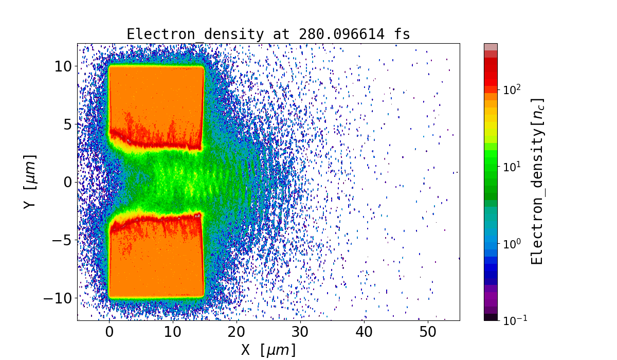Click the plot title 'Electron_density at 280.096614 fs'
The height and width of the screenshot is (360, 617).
268,34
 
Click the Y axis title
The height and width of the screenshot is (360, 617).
30,182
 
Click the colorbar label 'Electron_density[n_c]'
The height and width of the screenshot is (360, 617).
537,182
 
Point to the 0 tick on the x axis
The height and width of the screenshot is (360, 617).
109,331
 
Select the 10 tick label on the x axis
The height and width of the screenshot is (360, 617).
173,331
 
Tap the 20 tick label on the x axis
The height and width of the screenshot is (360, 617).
237,331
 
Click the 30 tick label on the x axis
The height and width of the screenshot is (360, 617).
300,331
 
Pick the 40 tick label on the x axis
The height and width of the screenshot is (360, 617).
364,331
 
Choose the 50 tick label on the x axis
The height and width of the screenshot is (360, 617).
428,331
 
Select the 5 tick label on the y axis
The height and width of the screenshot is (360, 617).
68,124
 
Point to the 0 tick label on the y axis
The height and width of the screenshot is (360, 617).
68,182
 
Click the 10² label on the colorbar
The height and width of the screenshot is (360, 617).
512,89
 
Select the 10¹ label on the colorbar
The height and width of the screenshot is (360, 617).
512,167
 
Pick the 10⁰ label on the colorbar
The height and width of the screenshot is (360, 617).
512,243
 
